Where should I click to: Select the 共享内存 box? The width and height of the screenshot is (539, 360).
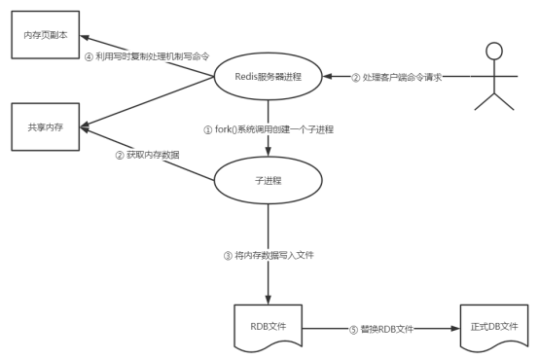tap(46, 127)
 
